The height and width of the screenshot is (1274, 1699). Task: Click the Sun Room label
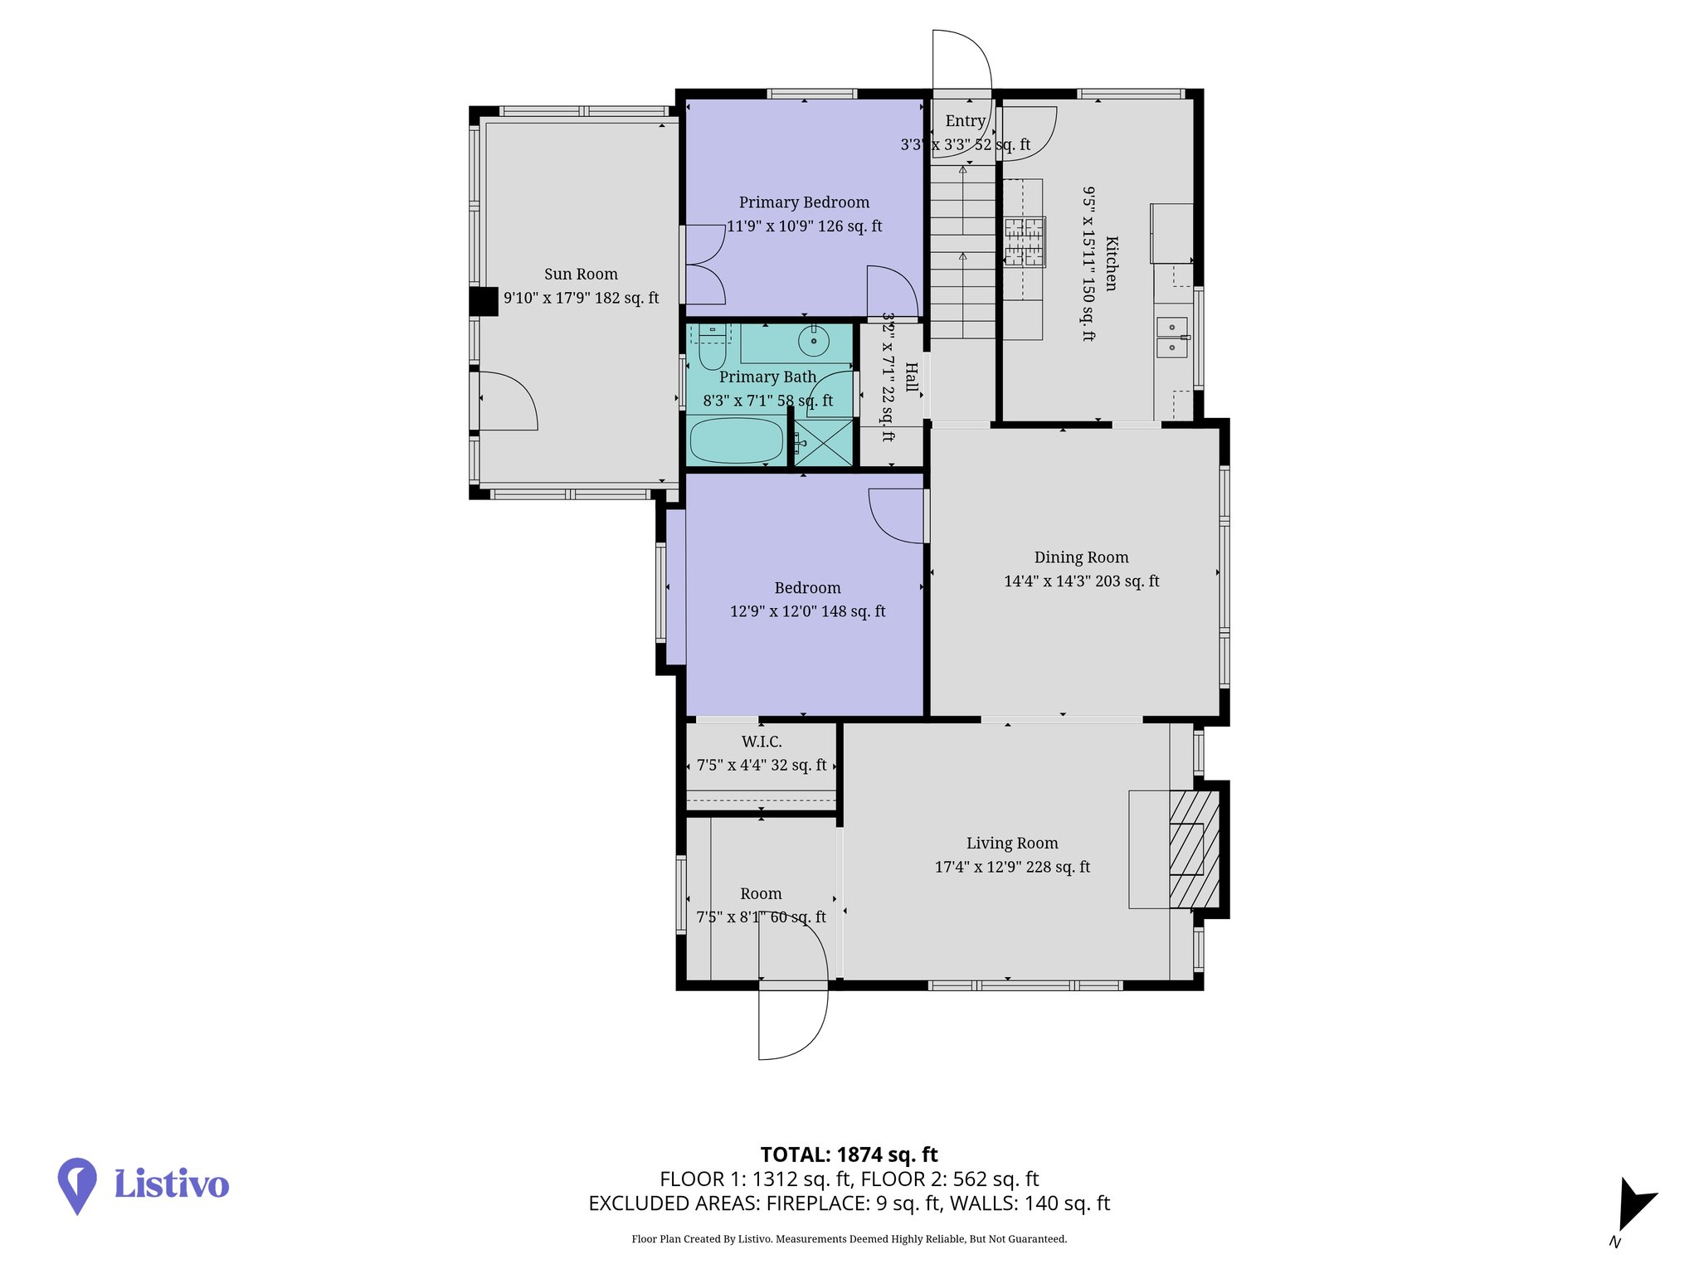581,275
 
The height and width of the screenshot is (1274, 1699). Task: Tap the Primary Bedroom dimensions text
804,226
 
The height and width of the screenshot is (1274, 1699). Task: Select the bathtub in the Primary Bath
736,440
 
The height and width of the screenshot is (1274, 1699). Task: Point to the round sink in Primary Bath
814,341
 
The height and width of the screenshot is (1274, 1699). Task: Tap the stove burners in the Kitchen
1025,241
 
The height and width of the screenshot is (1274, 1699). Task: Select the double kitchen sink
1171,338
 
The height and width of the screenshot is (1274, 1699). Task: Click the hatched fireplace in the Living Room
1194,849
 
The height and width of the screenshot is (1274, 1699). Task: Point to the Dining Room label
1081,557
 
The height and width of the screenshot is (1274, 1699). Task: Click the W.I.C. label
762,742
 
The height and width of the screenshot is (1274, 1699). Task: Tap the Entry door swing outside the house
962,58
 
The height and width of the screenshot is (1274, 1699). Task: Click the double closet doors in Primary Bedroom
703,265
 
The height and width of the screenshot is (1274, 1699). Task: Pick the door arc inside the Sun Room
508,401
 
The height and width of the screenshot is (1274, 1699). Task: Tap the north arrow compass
1633,1205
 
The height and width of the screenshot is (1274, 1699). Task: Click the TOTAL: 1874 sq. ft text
849,1155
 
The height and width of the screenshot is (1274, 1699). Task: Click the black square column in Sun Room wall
484,301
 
